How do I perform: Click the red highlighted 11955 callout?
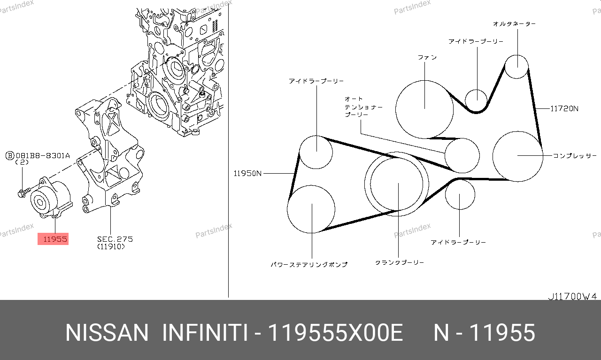53,239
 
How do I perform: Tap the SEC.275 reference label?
115,239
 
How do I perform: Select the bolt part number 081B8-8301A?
43,155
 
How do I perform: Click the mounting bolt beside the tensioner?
24,192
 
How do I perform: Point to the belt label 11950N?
247,174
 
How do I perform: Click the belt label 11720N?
564,108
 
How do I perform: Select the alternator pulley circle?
516,55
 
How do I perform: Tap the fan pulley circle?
424,80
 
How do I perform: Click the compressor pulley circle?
518,131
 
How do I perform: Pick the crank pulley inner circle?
397,158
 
